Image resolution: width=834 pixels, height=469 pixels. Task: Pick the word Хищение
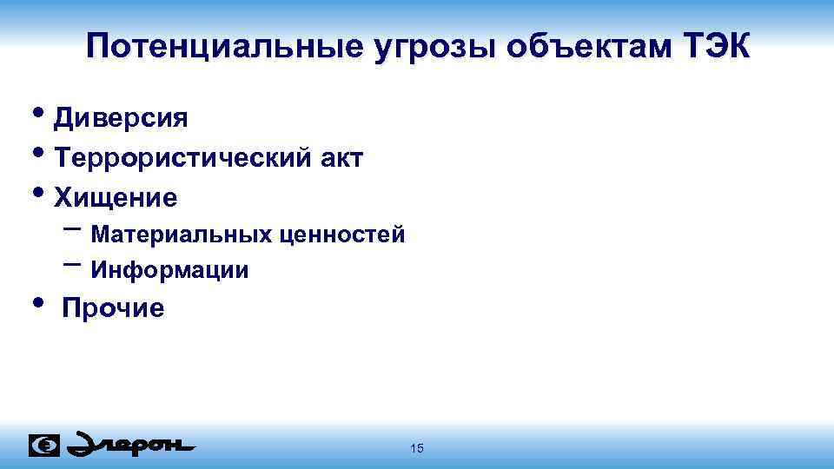[116, 198]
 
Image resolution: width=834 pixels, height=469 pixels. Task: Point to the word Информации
[170, 271]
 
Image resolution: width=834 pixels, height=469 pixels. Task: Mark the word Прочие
[112, 308]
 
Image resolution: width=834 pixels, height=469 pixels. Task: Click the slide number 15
[417, 448]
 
